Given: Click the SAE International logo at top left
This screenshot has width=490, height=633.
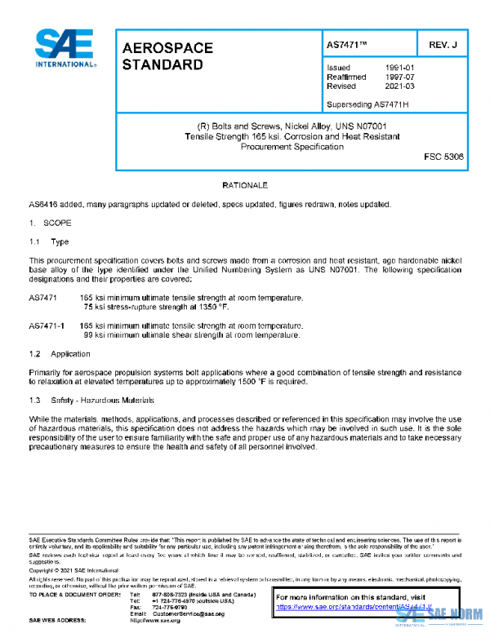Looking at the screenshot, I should [x=65, y=49].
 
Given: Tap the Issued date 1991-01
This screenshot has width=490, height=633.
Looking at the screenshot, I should [x=402, y=68].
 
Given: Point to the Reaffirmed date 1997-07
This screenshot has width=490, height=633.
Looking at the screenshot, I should [x=402, y=77].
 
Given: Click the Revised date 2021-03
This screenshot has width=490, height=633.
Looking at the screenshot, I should [x=402, y=86].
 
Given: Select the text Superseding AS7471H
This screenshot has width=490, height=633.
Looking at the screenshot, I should [x=367, y=104].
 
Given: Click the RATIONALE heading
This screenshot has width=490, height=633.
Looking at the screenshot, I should [x=245, y=187].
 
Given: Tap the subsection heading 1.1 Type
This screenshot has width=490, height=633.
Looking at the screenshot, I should [x=49, y=242].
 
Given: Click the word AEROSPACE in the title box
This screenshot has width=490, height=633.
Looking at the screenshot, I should [x=167, y=48].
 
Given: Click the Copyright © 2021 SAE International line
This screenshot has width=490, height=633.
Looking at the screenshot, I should [x=73, y=570].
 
